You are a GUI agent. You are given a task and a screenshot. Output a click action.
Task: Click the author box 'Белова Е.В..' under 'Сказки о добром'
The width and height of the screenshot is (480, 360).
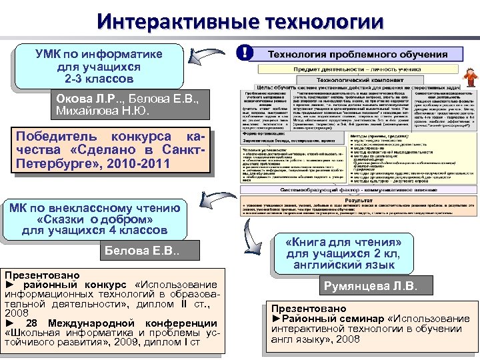pyautogui.click(x=143, y=252)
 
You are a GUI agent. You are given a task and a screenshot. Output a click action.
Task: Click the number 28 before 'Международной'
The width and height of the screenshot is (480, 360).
pyautogui.click(x=29, y=324)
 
